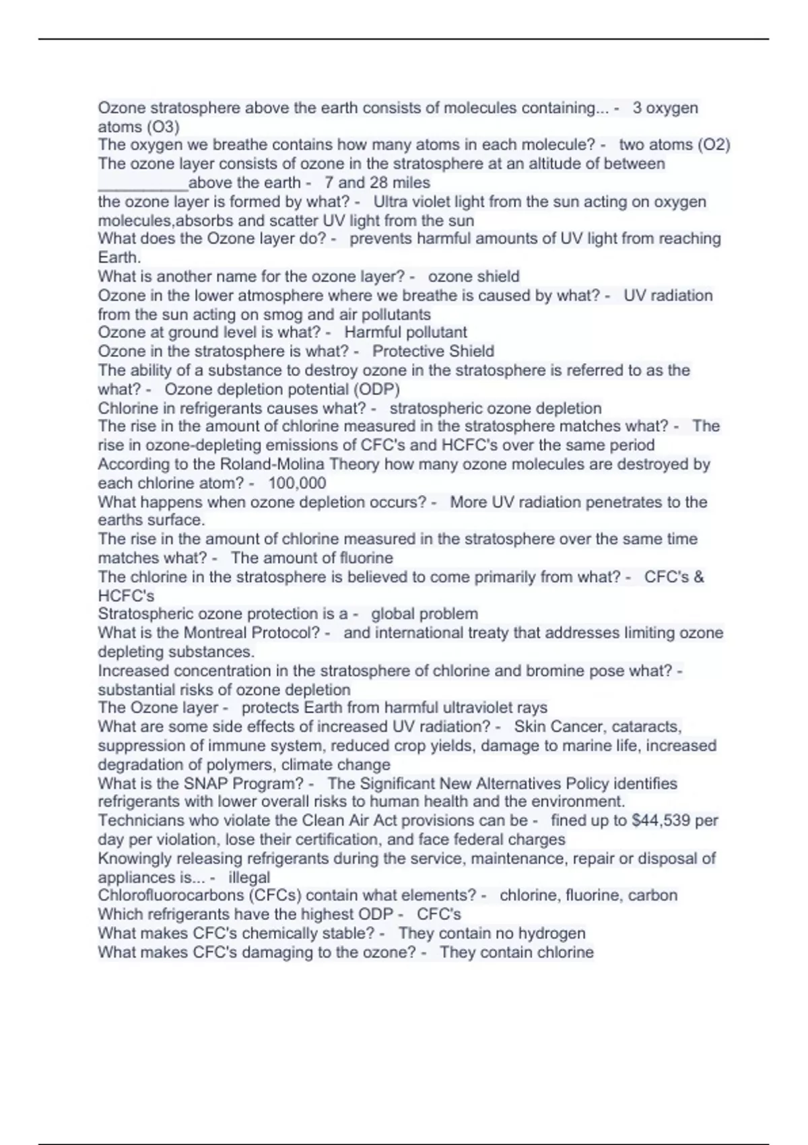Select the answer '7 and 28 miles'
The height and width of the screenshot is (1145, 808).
point(377,183)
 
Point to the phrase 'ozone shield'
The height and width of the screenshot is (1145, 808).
point(473,276)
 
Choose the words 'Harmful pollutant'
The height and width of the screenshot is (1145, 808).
point(405,332)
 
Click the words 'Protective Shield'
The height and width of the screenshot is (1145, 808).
point(433,351)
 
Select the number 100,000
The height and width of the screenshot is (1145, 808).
point(297,483)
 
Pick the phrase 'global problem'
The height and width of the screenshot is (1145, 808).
point(424,614)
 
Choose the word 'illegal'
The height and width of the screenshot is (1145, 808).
point(249,878)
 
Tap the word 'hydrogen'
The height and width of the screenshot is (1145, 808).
point(552,933)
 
